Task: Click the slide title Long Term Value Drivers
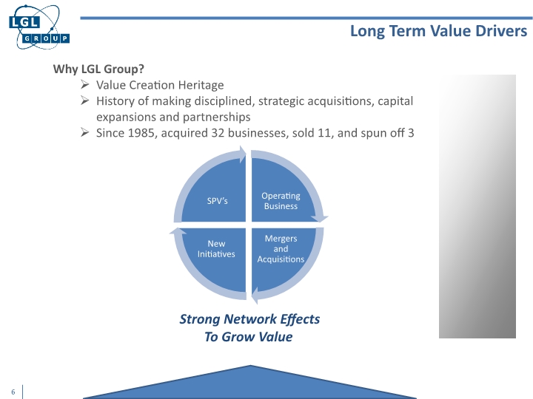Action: coord(438,31)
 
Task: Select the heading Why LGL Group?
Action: coord(98,69)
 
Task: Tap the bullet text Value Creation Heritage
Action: coord(160,85)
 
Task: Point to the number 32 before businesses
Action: coord(222,133)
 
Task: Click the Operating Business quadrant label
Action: coord(281,201)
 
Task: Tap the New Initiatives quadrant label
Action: coord(216,248)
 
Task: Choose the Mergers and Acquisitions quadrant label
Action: coord(281,249)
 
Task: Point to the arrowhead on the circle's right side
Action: coord(321,219)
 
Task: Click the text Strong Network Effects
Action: coord(249,319)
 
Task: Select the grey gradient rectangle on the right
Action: coord(477,206)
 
